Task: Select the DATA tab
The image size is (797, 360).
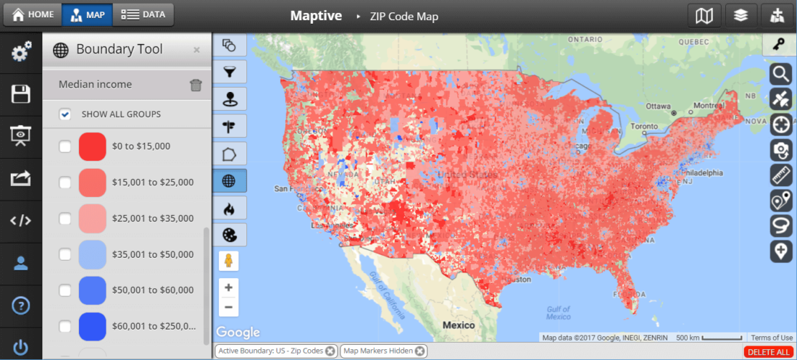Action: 143,14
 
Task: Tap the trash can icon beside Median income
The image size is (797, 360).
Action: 196,85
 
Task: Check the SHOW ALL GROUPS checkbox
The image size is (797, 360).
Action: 65,114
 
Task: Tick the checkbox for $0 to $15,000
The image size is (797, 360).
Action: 65,146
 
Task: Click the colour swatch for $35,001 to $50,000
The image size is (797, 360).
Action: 93,254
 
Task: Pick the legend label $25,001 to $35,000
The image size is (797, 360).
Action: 153,218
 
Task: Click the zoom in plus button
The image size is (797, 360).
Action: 228,288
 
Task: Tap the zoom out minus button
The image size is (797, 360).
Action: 228,307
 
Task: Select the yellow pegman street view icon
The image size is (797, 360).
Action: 228,261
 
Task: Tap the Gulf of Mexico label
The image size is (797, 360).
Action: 559,312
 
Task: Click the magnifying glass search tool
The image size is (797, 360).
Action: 780,73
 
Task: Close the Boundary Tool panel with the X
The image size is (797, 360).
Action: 196,50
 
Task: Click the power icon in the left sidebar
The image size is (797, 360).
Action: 20,347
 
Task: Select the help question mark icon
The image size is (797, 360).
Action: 20,305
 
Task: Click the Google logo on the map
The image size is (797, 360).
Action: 238,332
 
